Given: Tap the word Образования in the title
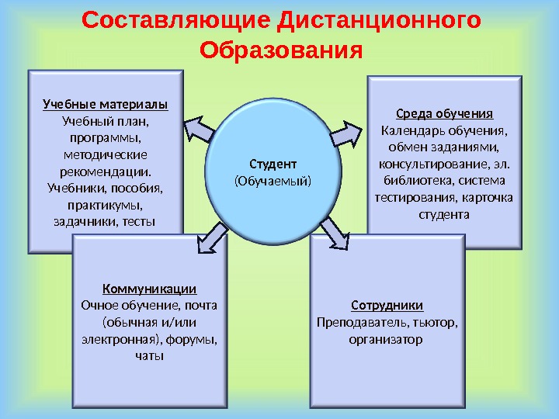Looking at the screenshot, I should coord(281,50).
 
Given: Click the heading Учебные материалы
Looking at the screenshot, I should coord(105,105).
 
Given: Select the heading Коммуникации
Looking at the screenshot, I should coord(149,289).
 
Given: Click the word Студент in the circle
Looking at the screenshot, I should coord(273,164).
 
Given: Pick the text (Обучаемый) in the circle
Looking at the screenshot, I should coord(273,181).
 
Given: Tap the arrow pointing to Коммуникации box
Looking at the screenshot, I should coord(210,237).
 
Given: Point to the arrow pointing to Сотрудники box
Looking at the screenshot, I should coord(335,230).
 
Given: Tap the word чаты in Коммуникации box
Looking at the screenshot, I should coord(149,356).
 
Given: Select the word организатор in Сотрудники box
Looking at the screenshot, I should coord(387,339).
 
